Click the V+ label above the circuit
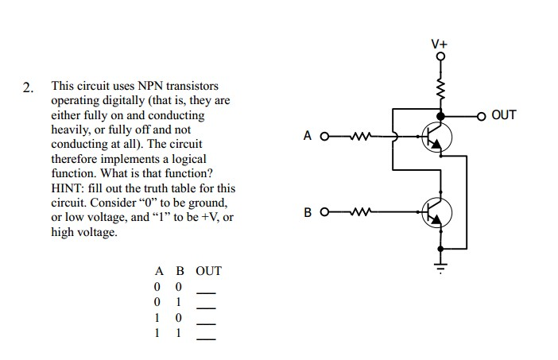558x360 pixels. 440,43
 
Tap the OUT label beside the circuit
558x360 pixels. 504,115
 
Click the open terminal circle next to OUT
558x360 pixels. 482,116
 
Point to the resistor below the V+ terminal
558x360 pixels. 440,87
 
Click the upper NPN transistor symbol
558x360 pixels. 436,137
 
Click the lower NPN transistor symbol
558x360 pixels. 436,212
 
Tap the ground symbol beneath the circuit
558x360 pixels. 440,258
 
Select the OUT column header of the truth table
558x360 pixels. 208,271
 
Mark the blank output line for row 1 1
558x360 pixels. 207,339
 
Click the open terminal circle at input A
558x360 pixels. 324,136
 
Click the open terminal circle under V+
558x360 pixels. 440,56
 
